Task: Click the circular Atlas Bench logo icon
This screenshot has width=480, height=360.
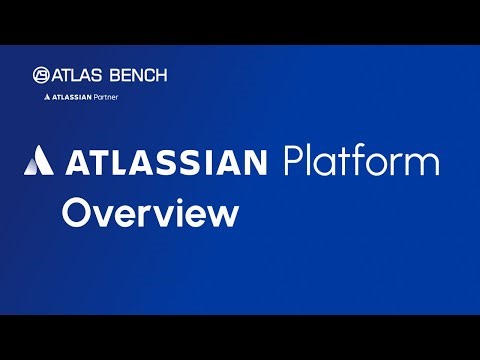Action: tap(41, 75)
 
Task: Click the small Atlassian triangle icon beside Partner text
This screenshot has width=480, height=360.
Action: tap(48, 98)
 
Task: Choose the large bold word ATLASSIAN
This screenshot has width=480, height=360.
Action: tap(167, 161)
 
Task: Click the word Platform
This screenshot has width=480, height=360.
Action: tap(360, 161)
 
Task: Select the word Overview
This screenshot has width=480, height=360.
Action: tap(150, 213)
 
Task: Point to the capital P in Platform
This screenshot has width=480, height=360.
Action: tap(293, 161)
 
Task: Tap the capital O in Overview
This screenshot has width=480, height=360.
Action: tap(77, 213)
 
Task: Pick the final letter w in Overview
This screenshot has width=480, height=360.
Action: tap(223, 216)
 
